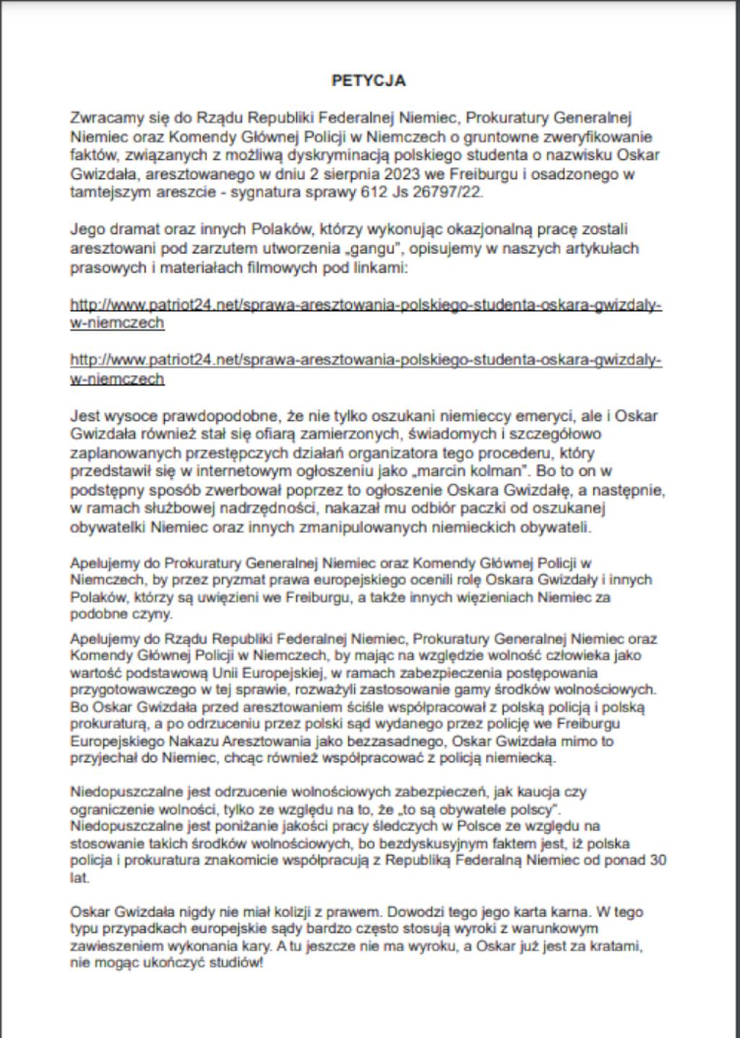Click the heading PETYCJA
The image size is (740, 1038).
pos(369,80)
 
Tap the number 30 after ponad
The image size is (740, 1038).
pos(658,860)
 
